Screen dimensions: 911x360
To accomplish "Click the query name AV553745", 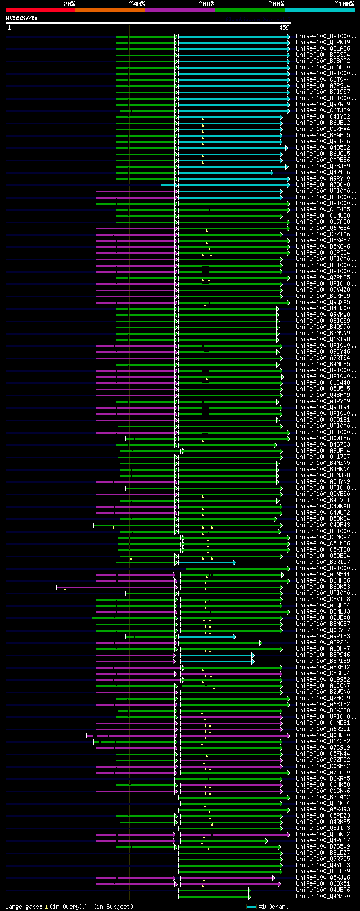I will (x=21, y=18).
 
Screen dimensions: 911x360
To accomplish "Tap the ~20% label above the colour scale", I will (x=69, y=4).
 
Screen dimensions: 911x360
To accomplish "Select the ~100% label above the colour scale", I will (x=344, y=4).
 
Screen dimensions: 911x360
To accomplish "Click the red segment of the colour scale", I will (x=40, y=10).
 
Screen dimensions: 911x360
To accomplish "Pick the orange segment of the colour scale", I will (x=110, y=10).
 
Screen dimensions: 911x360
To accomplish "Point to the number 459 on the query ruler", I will (x=284, y=28).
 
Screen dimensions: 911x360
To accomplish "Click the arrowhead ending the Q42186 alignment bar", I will (x=272, y=173).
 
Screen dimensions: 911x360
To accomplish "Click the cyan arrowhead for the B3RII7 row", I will (x=234, y=562).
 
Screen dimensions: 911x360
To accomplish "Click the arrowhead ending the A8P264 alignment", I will (x=260, y=643).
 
